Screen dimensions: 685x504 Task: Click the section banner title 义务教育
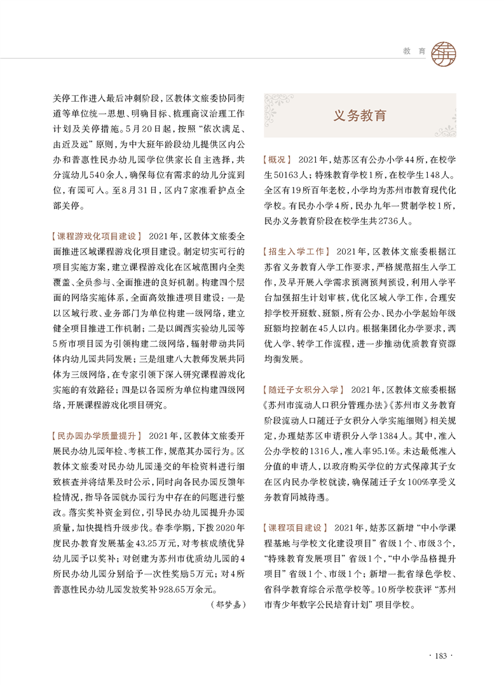click(360, 116)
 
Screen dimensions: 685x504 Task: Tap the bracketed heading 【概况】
click(276, 160)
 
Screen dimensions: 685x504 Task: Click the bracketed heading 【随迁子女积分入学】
click(304, 389)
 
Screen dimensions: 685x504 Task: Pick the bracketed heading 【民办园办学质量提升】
click(95, 419)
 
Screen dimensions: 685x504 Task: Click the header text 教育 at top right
click(414, 53)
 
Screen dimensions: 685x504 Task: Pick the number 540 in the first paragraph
click(99, 175)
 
